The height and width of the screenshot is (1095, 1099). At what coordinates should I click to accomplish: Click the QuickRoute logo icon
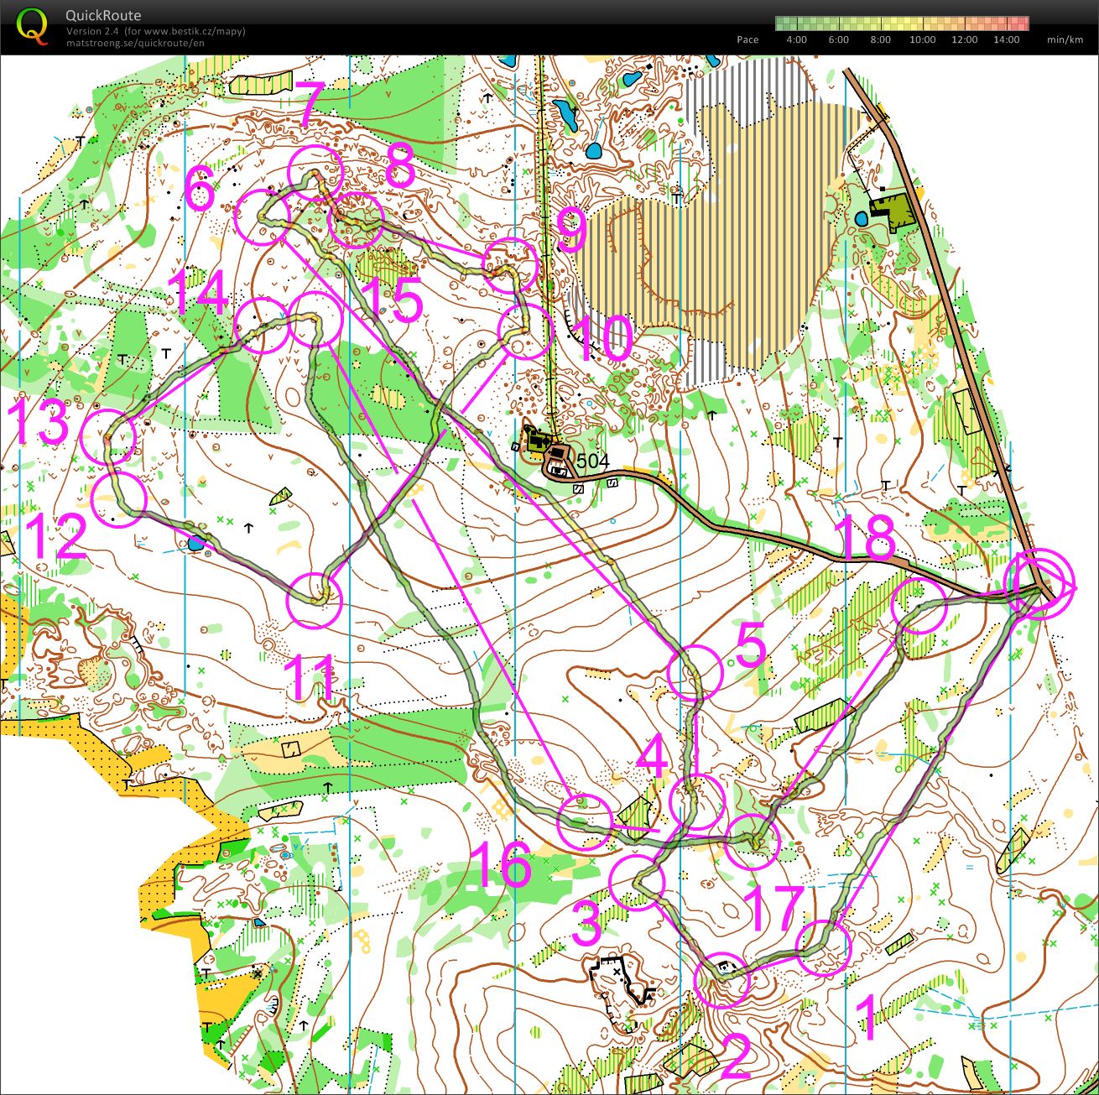[x=32, y=25]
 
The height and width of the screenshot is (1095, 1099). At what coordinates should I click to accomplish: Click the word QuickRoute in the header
[x=103, y=15]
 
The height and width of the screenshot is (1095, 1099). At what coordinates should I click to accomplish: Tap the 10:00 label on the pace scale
[x=922, y=39]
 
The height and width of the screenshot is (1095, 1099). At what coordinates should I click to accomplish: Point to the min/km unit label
[x=1065, y=39]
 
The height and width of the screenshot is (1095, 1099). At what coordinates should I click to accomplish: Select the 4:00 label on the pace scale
[x=796, y=39]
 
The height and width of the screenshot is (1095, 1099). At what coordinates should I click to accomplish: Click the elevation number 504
[x=593, y=461]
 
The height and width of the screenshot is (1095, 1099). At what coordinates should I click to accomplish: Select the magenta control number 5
[x=751, y=646]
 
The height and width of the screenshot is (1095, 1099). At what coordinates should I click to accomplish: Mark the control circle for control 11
[x=315, y=600]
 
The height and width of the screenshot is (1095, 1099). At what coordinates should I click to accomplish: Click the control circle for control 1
[x=823, y=947]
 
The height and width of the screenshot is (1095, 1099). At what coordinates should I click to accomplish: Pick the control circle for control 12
[x=117, y=498]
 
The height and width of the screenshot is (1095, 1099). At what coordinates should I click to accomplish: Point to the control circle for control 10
[x=525, y=331]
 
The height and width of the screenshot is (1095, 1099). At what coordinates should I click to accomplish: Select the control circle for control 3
[x=637, y=883]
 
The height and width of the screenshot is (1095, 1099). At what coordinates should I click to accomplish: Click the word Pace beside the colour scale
[x=747, y=39]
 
